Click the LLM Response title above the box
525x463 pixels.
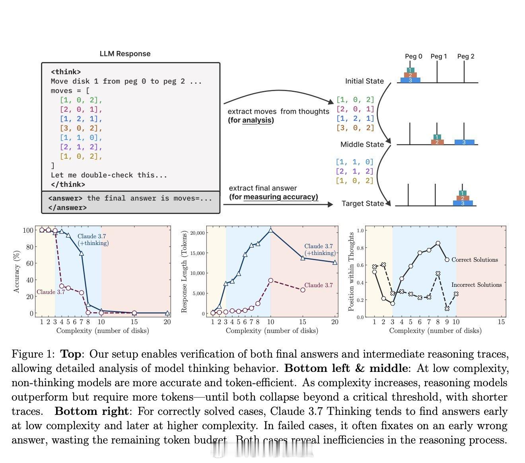pyautogui.click(x=125, y=54)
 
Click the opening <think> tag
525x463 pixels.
pyautogui.click(x=66, y=72)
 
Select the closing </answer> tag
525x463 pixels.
pyautogui.click(x=68, y=207)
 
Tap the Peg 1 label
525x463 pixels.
pyautogui.click(x=439, y=56)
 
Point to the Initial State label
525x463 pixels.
pyautogui.click(x=364, y=81)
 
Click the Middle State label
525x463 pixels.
pyautogui.click(x=362, y=144)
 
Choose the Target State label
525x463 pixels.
pyautogui.click(x=363, y=203)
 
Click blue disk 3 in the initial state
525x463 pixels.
pyautogui.click(x=410, y=80)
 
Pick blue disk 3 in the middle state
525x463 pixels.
pyautogui.click(x=464, y=142)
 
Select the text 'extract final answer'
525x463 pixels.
pyautogui.click(x=263, y=188)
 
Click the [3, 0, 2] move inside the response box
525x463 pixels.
pyautogui.click(x=81, y=128)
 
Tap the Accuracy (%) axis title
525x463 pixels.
pyautogui.click(x=16, y=272)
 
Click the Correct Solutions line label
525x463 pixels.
pyautogui.click(x=474, y=260)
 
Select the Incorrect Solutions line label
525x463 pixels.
pyautogui.click(x=476, y=285)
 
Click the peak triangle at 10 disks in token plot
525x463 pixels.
pyautogui.click(x=271, y=230)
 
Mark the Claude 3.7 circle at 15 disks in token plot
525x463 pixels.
pyautogui.click(x=303, y=290)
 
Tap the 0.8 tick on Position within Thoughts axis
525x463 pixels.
pyautogui.click(x=360, y=248)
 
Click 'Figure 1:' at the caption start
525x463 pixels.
pyautogui.click(x=33, y=354)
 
